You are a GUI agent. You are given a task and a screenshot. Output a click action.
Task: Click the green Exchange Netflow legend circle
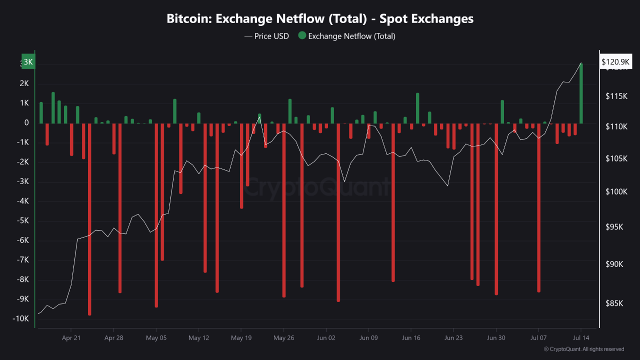[302, 35]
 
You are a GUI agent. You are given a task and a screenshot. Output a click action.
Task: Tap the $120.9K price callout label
[615, 62]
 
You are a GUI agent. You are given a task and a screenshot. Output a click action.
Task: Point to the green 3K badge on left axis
[28, 62]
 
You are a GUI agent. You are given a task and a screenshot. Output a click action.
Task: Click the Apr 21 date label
[71, 338]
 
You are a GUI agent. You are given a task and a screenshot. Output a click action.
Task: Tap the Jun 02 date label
[326, 338]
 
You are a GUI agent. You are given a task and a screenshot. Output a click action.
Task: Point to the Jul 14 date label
[581, 338]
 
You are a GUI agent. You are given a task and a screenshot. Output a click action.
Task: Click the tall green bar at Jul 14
[581, 93]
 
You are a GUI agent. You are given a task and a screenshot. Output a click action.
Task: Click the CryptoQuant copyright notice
[583, 349]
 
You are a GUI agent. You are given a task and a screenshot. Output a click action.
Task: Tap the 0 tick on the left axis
[26, 123]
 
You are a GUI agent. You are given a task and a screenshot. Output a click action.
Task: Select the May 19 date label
[241, 338]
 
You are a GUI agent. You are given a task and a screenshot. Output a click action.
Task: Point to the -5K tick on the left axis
[22, 221]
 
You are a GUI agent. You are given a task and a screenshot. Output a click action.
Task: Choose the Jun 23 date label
[453, 338]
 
